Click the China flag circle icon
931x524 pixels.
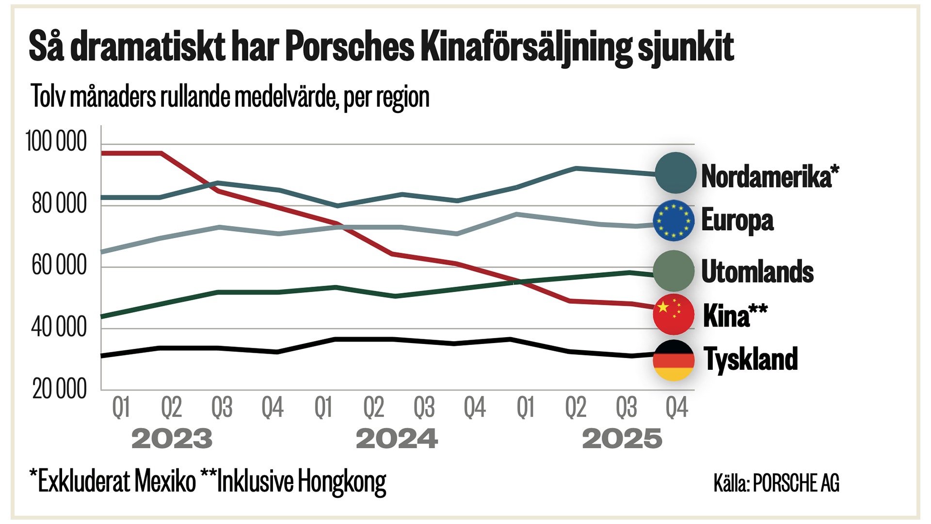point(674,314)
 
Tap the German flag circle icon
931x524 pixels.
point(674,360)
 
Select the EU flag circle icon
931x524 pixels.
point(674,220)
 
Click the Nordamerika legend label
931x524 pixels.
point(770,176)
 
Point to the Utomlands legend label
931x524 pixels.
point(757,271)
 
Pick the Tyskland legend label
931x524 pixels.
point(751,359)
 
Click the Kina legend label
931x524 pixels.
point(735,315)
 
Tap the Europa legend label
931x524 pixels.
point(737,220)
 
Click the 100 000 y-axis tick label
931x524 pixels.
point(56,142)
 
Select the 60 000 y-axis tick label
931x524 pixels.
point(59,265)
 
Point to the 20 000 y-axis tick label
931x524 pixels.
point(60,389)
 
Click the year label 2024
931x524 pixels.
point(397,439)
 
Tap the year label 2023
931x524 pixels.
point(172,439)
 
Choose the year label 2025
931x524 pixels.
point(622,439)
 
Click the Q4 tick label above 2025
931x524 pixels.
point(676,408)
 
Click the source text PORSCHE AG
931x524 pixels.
point(796,483)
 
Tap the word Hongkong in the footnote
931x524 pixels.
point(342,482)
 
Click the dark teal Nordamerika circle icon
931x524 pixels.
point(675,173)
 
